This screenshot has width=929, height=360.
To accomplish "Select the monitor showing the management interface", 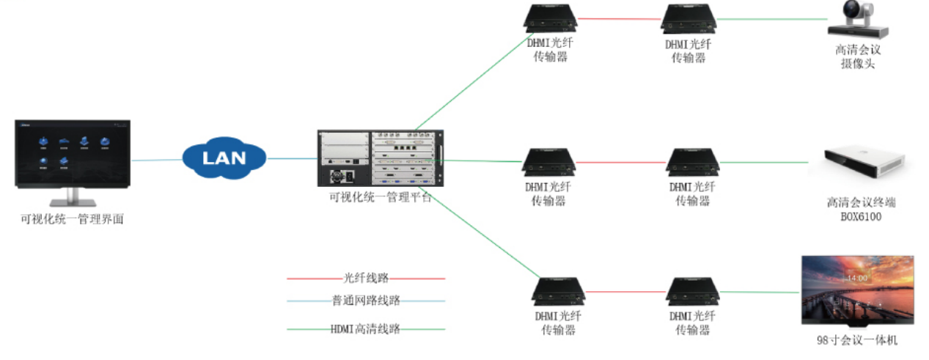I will click(x=72, y=158).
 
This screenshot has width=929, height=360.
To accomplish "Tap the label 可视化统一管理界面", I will click(x=72, y=218).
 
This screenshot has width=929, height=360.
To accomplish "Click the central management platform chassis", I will click(x=381, y=159).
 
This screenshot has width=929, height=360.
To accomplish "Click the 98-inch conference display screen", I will click(x=857, y=290).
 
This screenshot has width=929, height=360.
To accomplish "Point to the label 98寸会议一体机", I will click(x=856, y=340).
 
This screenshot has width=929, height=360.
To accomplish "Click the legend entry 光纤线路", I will click(x=366, y=278).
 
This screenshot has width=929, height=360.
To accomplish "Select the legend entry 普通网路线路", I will click(x=366, y=300).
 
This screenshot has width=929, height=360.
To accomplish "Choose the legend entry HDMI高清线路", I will click(x=366, y=329).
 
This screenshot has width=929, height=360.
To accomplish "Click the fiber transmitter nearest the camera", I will click(x=689, y=19).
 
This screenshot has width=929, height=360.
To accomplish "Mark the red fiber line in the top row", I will click(x=619, y=19).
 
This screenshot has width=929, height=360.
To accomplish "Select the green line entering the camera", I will click(x=770, y=20).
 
